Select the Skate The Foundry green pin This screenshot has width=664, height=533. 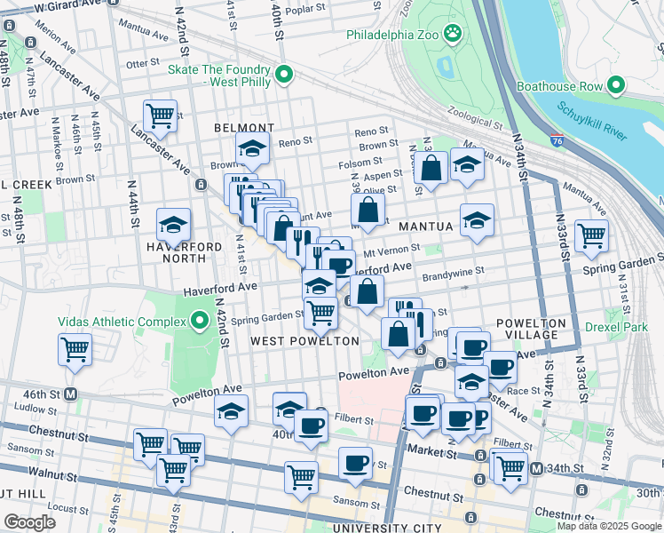point(284,75)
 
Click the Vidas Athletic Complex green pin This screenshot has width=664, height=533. point(194,320)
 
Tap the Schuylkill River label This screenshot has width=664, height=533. point(592,121)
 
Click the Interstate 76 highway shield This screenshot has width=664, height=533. point(556,140)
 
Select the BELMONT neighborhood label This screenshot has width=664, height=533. point(244,128)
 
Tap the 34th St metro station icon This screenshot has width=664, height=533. point(536,468)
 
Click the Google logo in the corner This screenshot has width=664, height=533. point(29,522)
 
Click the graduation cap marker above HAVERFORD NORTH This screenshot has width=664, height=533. point(174,224)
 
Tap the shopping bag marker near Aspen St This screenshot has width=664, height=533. point(431,169)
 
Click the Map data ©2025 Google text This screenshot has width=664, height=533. point(609,525)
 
